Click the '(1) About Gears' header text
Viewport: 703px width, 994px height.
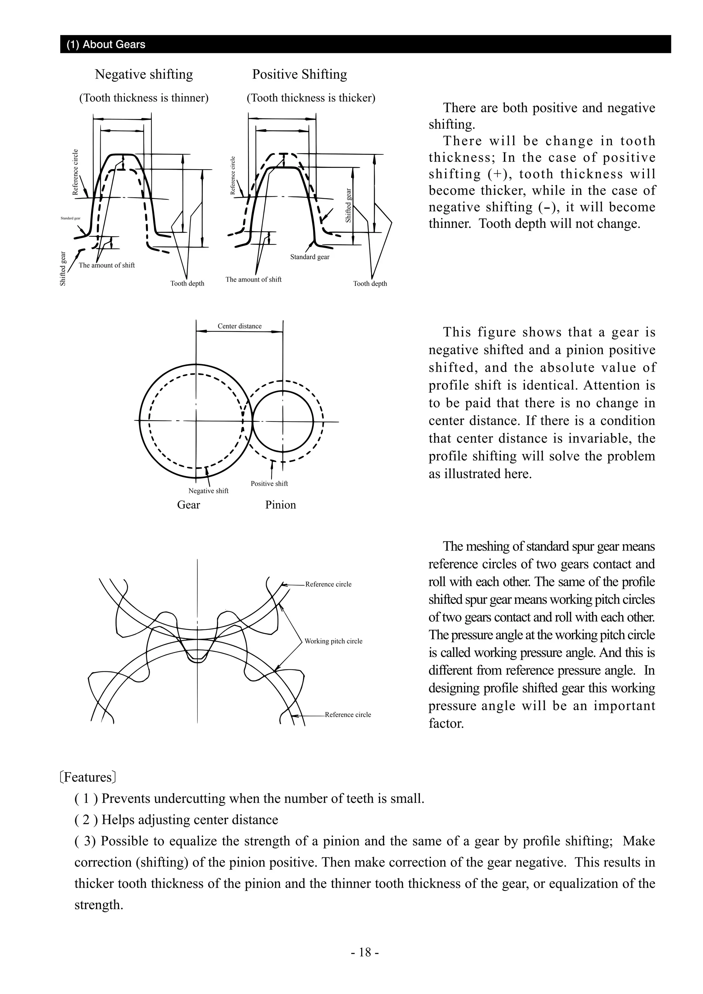click(106, 45)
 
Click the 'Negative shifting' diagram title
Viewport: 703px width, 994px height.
click(144, 74)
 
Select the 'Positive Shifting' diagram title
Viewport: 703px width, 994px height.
click(300, 74)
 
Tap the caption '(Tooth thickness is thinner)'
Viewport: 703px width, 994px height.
click(144, 98)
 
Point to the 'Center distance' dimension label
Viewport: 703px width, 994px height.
click(239, 326)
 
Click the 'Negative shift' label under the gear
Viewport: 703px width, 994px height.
click(208, 491)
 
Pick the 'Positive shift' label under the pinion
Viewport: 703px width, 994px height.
click(269, 484)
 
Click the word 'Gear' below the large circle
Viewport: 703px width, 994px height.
click(188, 505)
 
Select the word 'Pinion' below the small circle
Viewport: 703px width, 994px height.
click(280, 505)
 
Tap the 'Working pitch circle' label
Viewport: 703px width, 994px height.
click(333, 641)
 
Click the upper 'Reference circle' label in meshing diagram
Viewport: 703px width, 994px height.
click(328, 585)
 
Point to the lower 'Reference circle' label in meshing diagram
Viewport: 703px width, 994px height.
click(348, 715)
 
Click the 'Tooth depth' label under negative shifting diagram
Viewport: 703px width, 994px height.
click(187, 284)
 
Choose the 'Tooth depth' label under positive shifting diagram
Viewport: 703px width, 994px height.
click(370, 284)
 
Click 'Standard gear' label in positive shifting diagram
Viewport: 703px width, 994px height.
click(310, 257)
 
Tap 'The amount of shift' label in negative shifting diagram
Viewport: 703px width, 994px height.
click(106, 265)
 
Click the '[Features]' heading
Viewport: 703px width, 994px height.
click(88, 777)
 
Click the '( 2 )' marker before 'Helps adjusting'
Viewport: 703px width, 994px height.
click(86, 820)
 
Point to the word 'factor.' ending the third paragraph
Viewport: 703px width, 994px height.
click(446, 724)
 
